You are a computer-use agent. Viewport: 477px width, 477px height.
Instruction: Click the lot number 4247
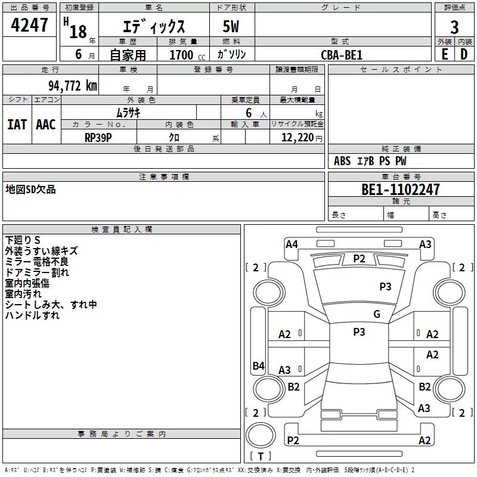coord(29,26)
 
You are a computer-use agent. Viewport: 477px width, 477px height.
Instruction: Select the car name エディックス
coord(153,27)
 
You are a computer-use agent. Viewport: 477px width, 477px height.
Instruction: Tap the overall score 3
coord(454,27)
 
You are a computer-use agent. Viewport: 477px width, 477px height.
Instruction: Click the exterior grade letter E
coord(444,54)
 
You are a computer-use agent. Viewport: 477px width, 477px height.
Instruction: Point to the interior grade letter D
coord(464,54)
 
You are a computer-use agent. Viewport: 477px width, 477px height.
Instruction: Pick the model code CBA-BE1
coord(341,55)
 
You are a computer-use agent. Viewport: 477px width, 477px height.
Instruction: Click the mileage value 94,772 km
coord(72,85)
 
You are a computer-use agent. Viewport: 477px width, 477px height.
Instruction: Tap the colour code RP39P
coord(98,136)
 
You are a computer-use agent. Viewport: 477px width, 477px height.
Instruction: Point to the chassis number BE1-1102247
coord(401,190)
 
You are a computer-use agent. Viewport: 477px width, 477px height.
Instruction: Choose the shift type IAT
coord(17,124)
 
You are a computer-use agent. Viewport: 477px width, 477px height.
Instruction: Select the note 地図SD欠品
coord(30,189)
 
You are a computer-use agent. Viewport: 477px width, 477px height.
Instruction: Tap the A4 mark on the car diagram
coord(292,244)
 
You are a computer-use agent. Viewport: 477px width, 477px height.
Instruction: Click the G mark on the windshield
coord(376,314)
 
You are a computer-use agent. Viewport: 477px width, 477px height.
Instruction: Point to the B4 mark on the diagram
coord(258,366)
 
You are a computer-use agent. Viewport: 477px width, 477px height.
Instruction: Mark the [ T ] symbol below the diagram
coord(261,456)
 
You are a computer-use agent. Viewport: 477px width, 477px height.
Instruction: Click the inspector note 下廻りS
coord(23,240)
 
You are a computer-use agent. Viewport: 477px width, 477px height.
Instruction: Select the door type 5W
coord(231,27)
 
